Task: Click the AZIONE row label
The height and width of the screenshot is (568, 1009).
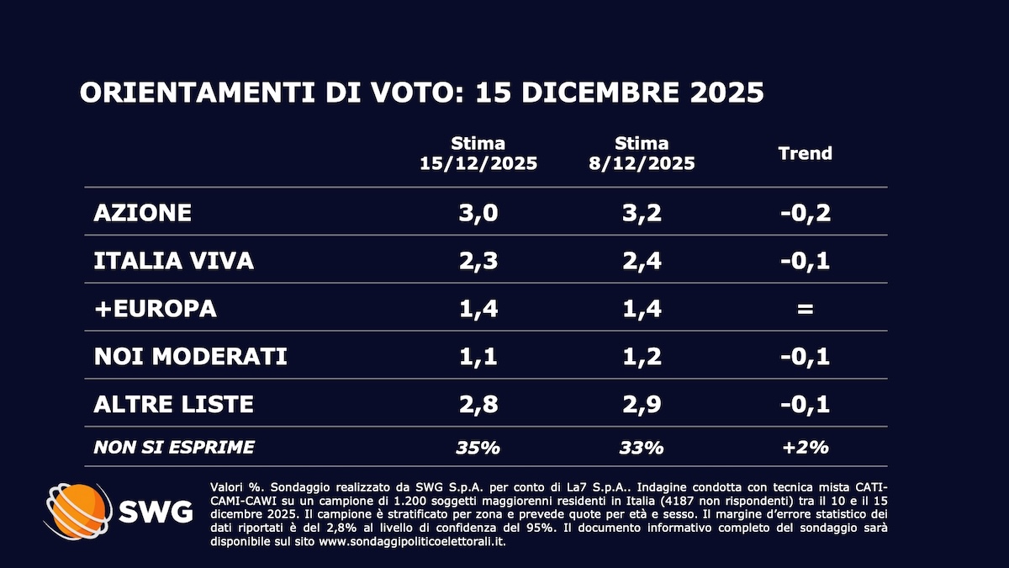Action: point(143,212)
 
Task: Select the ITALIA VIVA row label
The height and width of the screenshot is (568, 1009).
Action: point(174,260)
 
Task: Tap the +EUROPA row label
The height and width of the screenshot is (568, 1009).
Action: point(156,308)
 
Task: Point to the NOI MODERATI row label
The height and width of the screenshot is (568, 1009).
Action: point(191,356)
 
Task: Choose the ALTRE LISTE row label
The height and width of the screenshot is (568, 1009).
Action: point(174,404)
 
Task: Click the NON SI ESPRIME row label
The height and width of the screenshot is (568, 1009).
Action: point(174,447)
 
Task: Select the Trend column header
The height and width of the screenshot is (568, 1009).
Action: point(805,153)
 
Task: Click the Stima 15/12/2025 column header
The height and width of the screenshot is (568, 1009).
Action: point(478,153)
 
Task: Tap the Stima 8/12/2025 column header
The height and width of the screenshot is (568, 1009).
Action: point(642,153)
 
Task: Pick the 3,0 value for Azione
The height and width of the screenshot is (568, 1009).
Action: point(478,212)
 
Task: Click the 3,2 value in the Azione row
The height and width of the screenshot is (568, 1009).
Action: point(642,212)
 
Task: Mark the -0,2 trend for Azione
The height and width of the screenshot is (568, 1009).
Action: point(805,212)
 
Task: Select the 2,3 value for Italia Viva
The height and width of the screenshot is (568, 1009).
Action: point(478,260)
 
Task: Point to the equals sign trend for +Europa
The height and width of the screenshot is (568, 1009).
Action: point(805,309)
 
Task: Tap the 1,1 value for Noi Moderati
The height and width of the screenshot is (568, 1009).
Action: point(478,356)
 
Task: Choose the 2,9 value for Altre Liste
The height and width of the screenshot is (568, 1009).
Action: point(642,404)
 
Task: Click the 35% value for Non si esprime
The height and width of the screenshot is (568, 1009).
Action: point(478,447)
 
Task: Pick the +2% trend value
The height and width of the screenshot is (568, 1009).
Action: point(805,447)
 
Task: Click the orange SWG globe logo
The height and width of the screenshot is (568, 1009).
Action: point(78,511)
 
